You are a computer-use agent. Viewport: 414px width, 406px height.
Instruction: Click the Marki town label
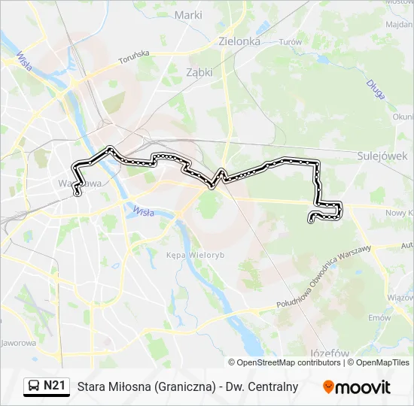click(188, 14)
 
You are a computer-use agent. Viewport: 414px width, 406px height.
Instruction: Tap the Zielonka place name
click(239, 41)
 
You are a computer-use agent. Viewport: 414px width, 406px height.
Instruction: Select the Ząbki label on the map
click(199, 72)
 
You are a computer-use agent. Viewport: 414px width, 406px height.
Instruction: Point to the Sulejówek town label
click(382, 156)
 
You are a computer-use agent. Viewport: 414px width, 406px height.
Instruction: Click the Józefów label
click(330, 353)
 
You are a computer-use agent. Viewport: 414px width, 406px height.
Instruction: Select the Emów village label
click(379, 317)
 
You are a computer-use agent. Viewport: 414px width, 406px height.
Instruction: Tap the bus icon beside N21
click(35, 386)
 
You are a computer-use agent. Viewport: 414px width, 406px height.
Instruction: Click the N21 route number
click(55, 386)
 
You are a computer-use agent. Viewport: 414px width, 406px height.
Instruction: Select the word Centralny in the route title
click(274, 386)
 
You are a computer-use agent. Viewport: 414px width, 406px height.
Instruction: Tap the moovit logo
click(357, 386)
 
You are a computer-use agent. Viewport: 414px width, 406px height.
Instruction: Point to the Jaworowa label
click(18, 344)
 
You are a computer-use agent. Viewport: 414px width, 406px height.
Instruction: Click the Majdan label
click(398, 25)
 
